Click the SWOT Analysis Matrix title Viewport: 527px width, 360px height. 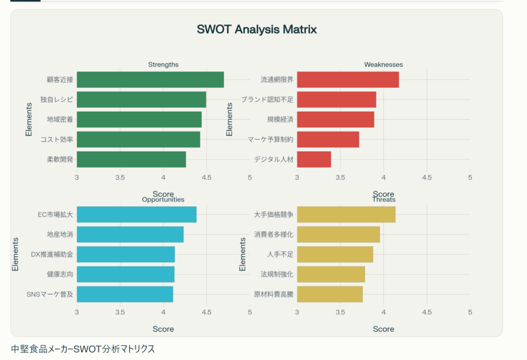(x=257, y=29)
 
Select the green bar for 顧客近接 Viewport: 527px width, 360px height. (x=150, y=80)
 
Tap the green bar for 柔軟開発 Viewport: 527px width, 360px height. (x=131, y=159)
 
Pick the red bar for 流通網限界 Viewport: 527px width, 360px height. (x=348, y=80)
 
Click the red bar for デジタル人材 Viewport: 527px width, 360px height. (x=314, y=159)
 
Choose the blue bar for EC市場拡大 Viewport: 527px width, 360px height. (x=136, y=214)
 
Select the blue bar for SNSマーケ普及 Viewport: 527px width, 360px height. (x=125, y=294)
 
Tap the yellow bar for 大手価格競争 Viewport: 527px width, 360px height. (x=346, y=214)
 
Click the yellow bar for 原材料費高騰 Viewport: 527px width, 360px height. (x=330, y=294)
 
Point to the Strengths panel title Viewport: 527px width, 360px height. (x=163, y=65)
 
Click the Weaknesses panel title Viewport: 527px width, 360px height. (x=383, y=65)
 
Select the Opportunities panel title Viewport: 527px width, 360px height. (x=163, y=200)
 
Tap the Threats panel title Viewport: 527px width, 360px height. (x=383, y=200)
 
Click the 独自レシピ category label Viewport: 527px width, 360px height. (x=57, y=100)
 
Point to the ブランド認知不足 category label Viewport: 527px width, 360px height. (x=267, y=100)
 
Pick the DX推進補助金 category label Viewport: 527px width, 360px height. (x=52, y=255)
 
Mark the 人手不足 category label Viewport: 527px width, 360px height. (x=280, y=255)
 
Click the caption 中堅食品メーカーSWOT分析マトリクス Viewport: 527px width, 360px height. (x=83, y=349)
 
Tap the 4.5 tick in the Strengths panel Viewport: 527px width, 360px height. (x=206, y=177)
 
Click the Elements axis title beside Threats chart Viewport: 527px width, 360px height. (x=243, y=254)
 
